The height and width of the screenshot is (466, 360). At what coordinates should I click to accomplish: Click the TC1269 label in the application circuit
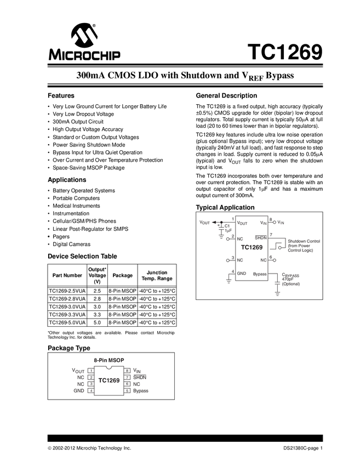click(252, 247)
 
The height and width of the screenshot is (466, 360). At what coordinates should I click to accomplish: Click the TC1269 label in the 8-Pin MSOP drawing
click(109, 380)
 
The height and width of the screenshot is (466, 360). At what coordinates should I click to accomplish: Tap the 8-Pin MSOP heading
click(110, 360)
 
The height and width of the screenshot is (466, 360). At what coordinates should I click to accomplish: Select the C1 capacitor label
click(227, 226)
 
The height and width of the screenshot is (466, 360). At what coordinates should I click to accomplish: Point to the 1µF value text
click(227, 231)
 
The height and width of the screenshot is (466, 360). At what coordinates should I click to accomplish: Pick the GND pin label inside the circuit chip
click(242, 273)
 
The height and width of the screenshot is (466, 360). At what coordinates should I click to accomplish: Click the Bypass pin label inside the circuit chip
click(260, 273)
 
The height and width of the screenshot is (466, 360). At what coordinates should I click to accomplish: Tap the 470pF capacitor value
click(288, 279)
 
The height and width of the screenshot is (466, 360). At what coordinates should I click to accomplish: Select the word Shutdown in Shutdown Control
click(298, 241)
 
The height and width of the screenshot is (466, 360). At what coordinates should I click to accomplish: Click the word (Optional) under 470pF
click(291, 284)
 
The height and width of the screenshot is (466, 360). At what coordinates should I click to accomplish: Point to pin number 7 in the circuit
click(271, 234)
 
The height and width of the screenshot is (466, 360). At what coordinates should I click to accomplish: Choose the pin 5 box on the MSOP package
click(127, 391)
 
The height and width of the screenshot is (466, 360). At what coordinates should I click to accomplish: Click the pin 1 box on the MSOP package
click(91, 371)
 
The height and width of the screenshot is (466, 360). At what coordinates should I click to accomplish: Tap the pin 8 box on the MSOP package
click(127, 371)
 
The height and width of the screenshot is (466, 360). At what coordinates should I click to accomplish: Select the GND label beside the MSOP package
click(79, 391)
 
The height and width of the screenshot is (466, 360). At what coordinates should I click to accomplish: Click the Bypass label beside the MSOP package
click(141, 391)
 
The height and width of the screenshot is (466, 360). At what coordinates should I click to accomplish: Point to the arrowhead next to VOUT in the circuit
click(214, 222)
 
